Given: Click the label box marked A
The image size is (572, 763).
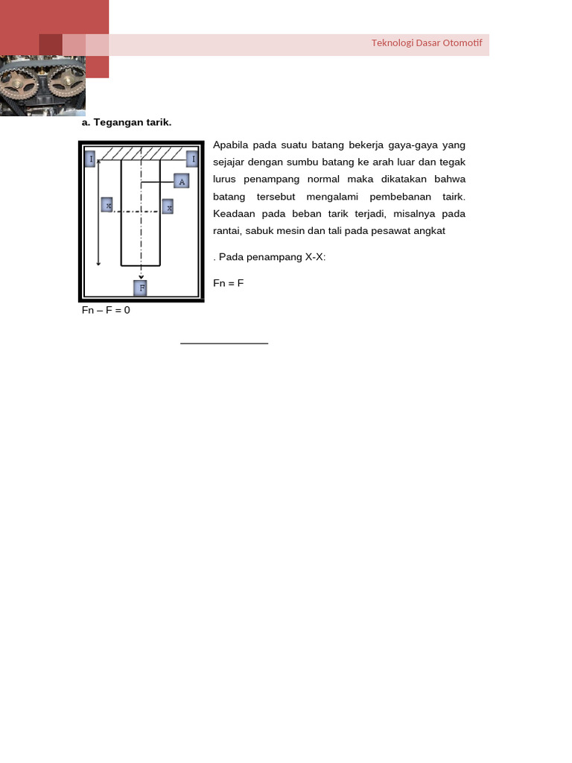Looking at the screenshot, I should [x=181, y=181].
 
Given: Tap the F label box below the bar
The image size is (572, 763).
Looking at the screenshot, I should [x=140, y=288].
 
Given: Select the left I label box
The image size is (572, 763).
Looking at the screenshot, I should [x=91, y=159].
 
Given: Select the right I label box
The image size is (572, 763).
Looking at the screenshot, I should [x=191, y=159].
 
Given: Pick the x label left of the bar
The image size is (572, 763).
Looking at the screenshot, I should [x=107, y=204].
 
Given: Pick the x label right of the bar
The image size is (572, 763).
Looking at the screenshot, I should [x=168, y=206].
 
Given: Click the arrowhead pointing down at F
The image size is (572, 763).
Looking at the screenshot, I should [x=141, y=276].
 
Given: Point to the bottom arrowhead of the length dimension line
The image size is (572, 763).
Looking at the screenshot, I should [x=98, y=263].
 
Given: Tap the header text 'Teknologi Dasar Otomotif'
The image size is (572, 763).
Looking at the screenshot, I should [x=427, y=43].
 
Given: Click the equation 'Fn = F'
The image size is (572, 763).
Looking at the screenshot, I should [x=229, y=283].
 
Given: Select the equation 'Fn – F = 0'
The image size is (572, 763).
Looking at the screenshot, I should [x=106, y=310].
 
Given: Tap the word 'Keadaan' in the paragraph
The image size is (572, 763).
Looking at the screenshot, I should [x=233, y=214].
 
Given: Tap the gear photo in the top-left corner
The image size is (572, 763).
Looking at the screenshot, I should [x=42, y=86].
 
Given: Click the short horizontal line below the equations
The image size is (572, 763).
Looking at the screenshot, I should [x=223, y=343].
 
